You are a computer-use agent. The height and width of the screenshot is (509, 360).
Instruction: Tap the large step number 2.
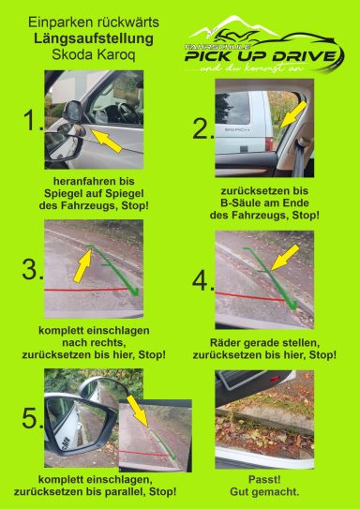[x=203, y=128]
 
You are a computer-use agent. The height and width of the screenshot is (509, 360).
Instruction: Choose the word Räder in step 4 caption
[x=215, y=343]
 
